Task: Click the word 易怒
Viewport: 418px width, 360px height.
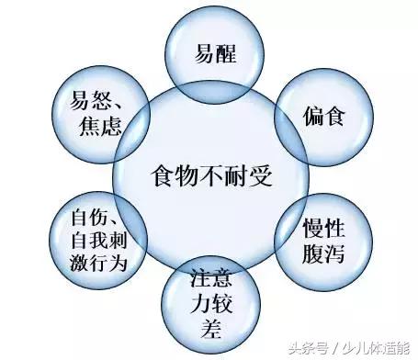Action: pos(89,100)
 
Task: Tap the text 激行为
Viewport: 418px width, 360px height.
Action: pos(96,262)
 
